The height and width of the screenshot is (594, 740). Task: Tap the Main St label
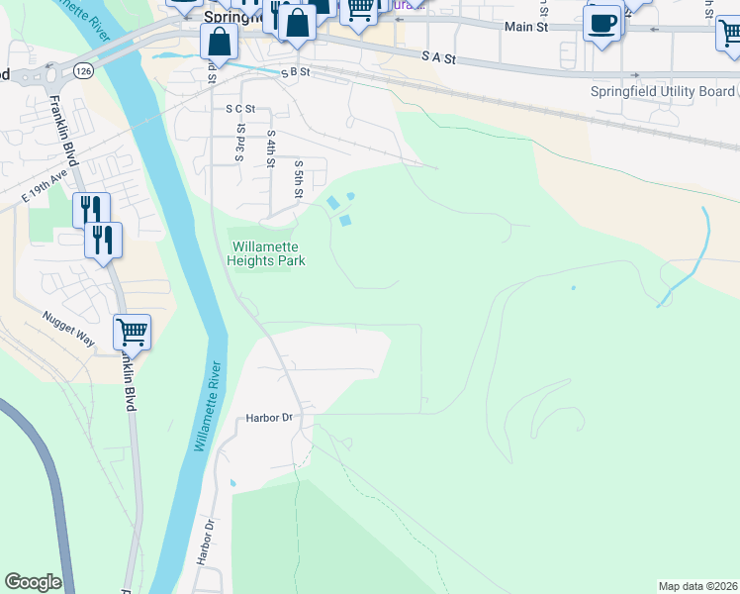(x=525, y=28)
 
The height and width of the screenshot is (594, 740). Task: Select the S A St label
(x=437, y=58)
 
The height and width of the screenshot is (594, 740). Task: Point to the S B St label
(x=295, y=72)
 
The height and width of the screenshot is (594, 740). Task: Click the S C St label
(x=240, y=109)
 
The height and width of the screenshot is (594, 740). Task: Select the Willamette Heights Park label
(x=266, y=254)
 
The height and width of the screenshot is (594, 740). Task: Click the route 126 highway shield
(x=83, y=71)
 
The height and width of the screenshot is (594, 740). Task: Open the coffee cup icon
(x=601, y=23)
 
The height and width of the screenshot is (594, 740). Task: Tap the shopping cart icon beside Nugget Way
(x=132, y=332)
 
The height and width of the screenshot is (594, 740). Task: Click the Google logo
(x=33, y=582)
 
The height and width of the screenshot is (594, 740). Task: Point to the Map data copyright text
(x=697, y=585)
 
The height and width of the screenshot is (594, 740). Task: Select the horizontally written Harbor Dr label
(x=269, y=418)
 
